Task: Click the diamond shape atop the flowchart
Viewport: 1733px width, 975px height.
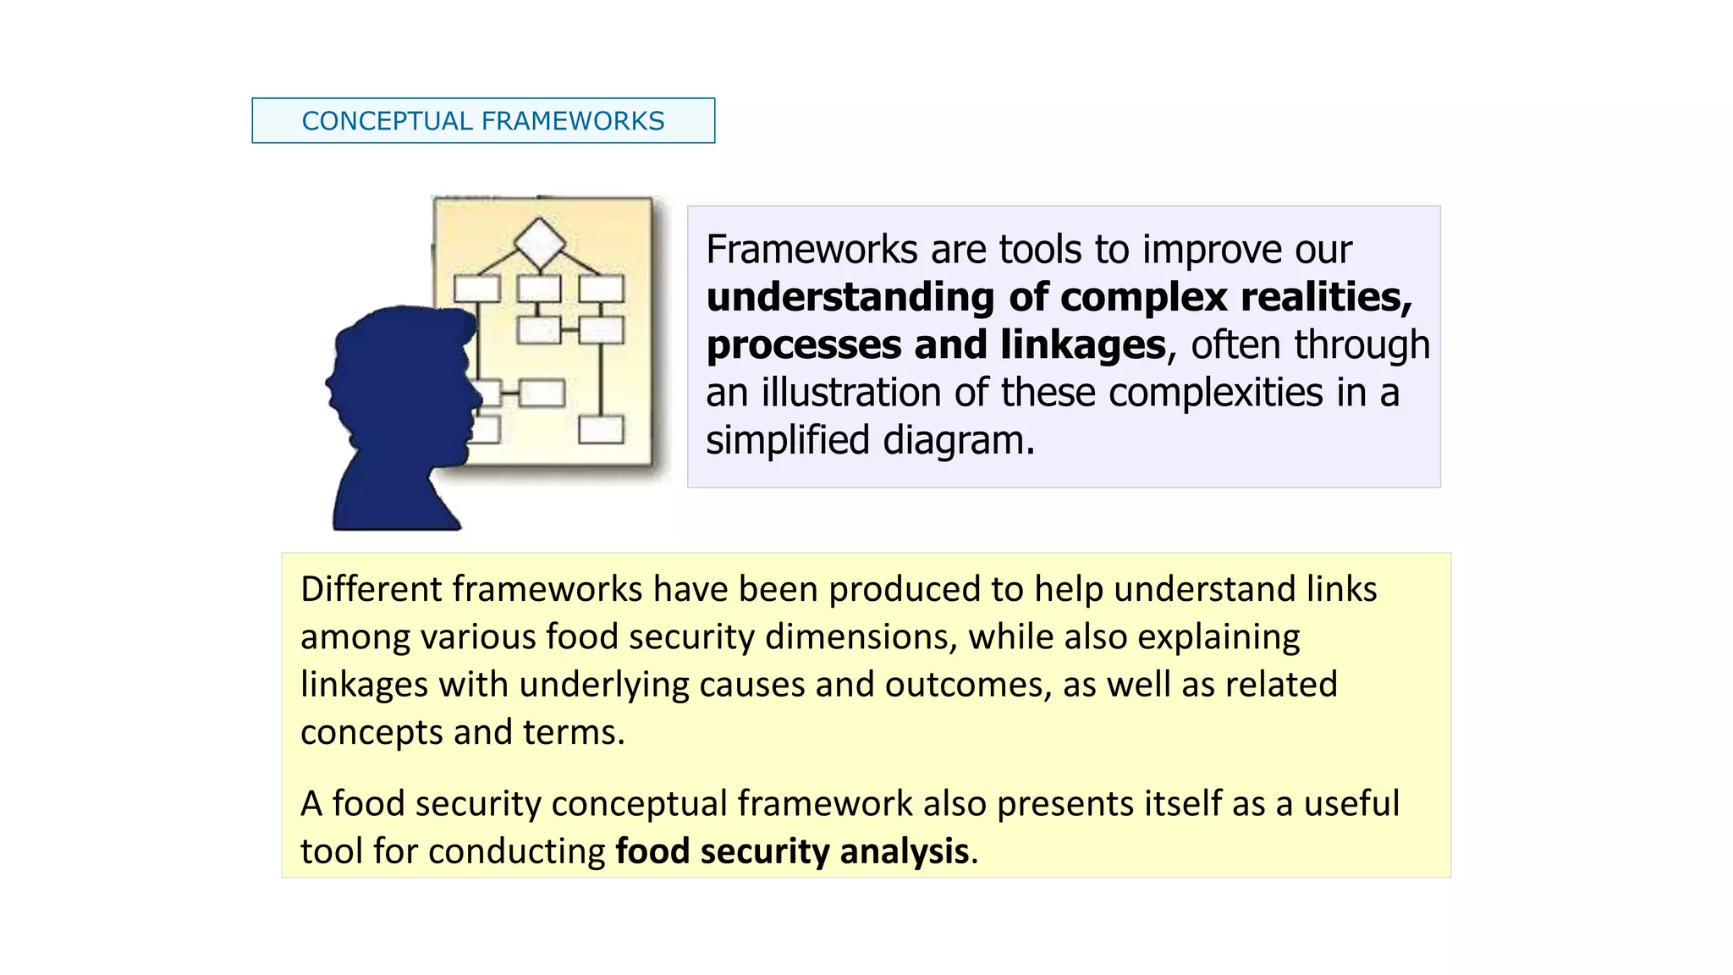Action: click(540, 243)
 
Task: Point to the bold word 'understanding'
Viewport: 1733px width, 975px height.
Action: click(850, 298)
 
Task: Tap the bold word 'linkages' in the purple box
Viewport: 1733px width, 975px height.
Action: click(1082, 345)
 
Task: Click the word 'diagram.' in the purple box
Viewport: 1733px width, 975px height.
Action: click(959, 440)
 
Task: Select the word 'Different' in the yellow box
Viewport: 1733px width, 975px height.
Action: click(371, 589)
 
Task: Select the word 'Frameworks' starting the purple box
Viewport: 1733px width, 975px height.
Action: click(811, 250)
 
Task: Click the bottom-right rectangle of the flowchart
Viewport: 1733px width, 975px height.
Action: click(602, 429)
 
